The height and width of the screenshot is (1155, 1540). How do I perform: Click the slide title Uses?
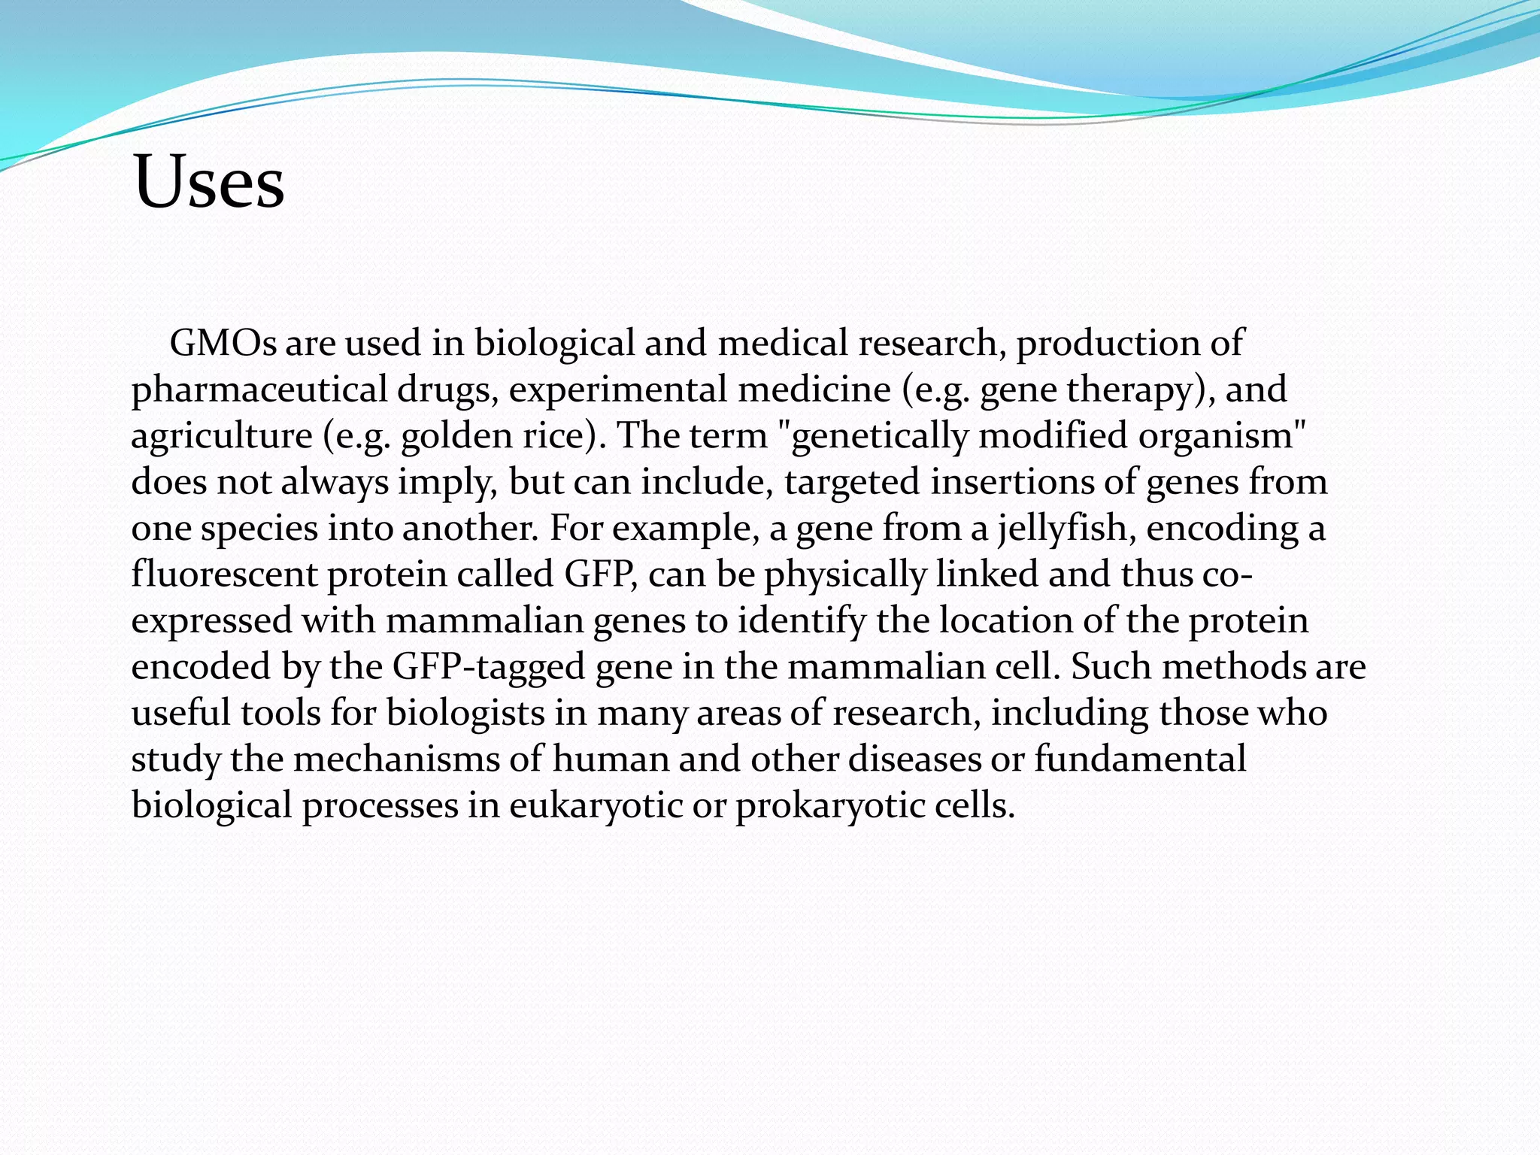pyautogui.click(x=208, y=183)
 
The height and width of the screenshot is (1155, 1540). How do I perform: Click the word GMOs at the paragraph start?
pyautogui.click(x=223, y=343)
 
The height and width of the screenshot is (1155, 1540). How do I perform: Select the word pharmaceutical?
pyautogui.click(x=259, y=390)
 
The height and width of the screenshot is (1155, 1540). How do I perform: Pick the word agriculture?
pyautogui.click(x=222, y=436)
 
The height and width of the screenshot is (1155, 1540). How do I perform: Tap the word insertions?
pyautogui.click(x=1011, y=482)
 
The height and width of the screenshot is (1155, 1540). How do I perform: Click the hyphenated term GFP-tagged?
pyautogui.click(x=488, y=667)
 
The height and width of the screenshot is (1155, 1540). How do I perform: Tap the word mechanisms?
pyautogui.click(x=396, y=759)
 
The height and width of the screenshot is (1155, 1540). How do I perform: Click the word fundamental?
pyautogui.click(x=1140, y=759)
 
